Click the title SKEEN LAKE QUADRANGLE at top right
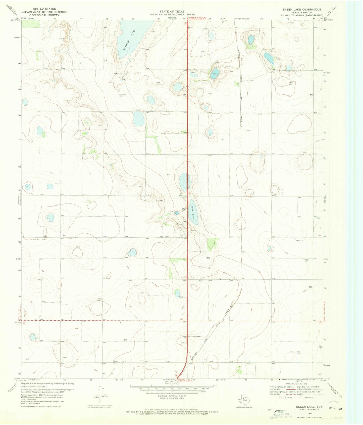tap(301, 9)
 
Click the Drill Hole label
tap(123, 95)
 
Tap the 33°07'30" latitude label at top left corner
tap(16, 21)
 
